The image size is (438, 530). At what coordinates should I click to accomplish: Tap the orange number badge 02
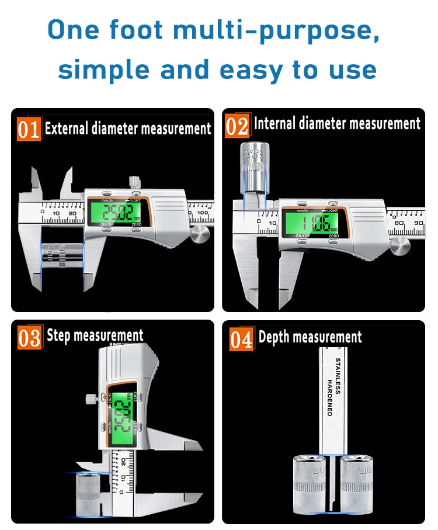pos(237,126)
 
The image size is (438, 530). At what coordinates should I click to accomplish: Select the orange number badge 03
pos(29,338)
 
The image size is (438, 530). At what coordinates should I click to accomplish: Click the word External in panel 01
pos(67,129)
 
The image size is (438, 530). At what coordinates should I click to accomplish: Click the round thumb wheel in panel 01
pos(200,235)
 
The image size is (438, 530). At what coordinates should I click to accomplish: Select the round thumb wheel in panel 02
pos(400,243)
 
